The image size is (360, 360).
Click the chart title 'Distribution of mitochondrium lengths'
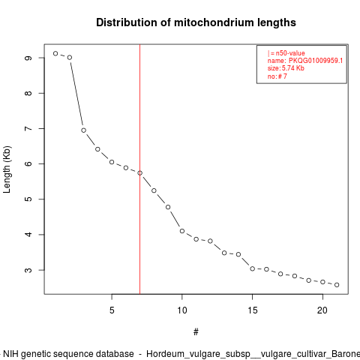[196, 22]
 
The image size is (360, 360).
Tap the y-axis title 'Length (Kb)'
[7, 169]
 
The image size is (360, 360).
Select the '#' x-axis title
[196, 331]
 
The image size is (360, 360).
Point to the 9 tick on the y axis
[28, 58]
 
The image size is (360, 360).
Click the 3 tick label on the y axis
[28, 270]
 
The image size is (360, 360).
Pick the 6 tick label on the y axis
[28, 163]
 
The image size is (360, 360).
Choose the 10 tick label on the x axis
[182, 310]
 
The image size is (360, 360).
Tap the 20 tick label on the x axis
[322, 310]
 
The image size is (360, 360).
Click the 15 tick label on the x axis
[253, 310]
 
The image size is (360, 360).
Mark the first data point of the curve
[55, 53]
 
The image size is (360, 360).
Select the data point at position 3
[84, 130]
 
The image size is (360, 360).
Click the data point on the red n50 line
[140, 173]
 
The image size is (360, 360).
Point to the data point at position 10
[182, 231]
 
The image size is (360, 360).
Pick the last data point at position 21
[337, 285]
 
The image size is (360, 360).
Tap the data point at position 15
[253, 268]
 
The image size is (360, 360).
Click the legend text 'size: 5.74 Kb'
[286, 68]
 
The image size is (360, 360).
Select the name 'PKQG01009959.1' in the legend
[316, 61]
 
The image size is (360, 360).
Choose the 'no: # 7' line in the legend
[277, 76]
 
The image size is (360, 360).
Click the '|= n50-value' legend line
[286, 53]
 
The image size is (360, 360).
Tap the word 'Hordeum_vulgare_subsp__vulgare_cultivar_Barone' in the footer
[253, 354]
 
